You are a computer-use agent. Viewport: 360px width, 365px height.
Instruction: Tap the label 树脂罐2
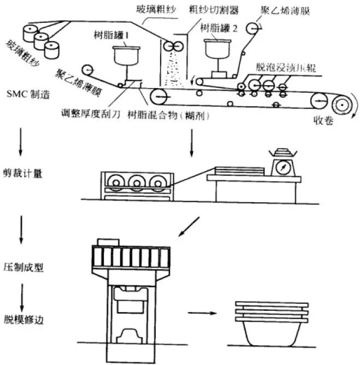pyautogui.click(x=219, y=27)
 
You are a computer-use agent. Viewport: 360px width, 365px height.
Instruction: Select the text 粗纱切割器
pyautogui.click(x=207, y=9)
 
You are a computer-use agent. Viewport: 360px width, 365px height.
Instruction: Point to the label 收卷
pyautogui.click(x=321, y=120)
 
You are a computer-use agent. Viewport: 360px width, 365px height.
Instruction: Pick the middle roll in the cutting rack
pyautogui.click(x=136, y=182)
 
